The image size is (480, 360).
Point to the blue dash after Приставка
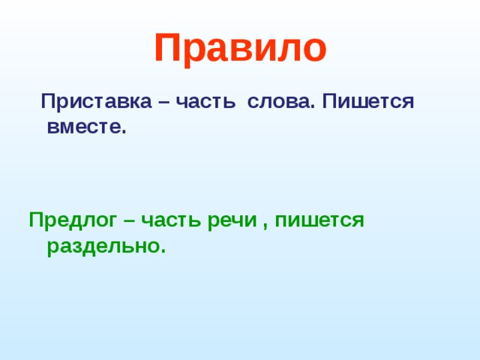click(x=163, y=102)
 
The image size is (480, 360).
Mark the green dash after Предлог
click(x=128, y=220)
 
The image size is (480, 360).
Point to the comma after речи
click(x=265, y=224)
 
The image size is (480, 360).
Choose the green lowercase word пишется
click(x=319, y=220)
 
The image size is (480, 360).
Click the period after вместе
click(x=124, y=131)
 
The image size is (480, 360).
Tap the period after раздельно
click(x=162, y=250)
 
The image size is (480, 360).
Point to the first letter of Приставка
click(x=47, y=102)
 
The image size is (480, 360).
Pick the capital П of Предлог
click(x=35, y=220)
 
